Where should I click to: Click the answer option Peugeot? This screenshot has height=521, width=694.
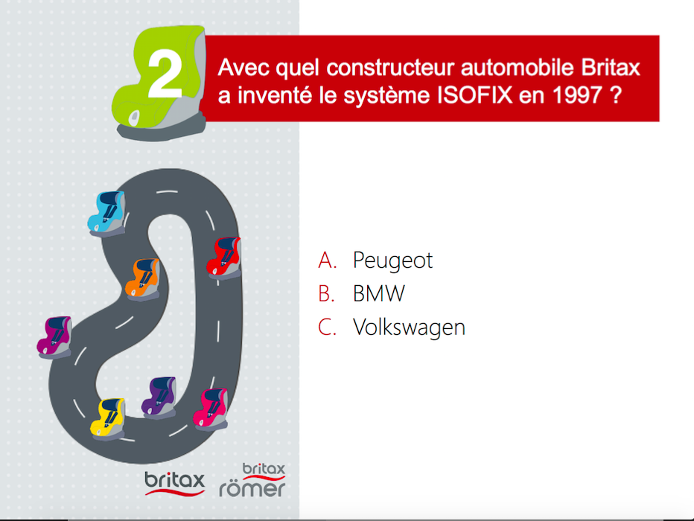tap(392, 260)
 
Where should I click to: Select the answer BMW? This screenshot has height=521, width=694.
tap(379, 293)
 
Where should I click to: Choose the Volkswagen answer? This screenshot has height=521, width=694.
tap(409, 327)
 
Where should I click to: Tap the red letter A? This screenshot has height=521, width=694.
tap(328, 260)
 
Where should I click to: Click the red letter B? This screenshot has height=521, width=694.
tap(326, 294)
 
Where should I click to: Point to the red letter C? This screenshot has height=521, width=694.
tap(327, 327)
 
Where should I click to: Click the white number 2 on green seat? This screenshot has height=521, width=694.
tap(165, 74)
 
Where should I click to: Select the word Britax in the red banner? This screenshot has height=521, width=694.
tap(611, 68)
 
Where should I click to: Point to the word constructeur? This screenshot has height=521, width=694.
tap(391, 68)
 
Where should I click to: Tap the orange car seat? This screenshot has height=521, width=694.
tap(142, 280)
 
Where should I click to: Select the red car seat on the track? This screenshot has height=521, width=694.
tap(224, 258)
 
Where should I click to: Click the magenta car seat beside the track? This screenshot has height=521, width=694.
tap(54, 337)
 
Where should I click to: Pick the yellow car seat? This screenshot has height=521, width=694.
tap(107, 419)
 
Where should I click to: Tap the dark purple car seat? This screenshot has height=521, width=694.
tap(159, 397)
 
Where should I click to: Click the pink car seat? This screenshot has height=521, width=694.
tap(211, 409)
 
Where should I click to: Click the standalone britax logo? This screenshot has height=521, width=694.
tap(175, 483)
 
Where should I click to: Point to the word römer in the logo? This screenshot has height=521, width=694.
tap(252, 489)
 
